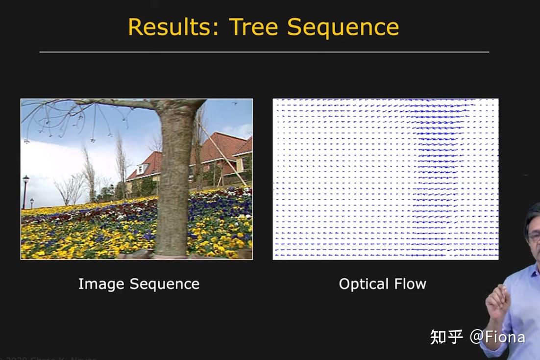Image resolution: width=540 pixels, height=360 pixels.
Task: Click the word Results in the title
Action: (169, 27)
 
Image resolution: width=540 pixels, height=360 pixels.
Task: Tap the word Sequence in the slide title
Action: (343, 27)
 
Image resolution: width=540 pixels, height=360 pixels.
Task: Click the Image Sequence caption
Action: (139, 284)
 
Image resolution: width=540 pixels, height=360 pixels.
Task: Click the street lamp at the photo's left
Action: (25, 189)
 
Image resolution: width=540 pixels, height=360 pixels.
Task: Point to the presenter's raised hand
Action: (497, 299)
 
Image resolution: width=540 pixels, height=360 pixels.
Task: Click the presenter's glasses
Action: (534, 237)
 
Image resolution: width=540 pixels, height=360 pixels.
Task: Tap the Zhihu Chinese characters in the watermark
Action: (446, 337)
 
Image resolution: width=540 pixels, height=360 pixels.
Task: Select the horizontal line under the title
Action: (264, 51)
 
